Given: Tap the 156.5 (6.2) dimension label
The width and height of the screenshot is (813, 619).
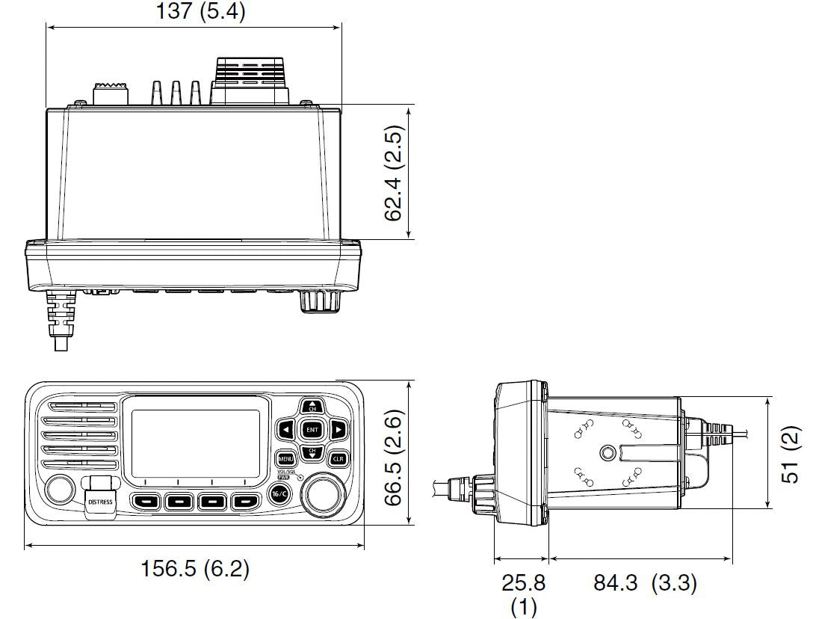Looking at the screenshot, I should (195, 569).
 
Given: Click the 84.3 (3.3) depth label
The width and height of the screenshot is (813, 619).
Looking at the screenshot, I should (645, 582).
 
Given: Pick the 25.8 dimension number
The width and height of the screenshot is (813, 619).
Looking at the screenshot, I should (523, 582).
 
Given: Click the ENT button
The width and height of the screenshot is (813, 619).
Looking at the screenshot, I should (312, 430).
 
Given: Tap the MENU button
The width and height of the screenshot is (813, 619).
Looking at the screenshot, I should (285, 458).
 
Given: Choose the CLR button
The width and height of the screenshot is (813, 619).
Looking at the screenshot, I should (338, 458).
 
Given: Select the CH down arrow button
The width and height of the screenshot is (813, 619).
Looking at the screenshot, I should (312, 452).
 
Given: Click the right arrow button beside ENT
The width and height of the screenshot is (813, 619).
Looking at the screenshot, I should (337, 430).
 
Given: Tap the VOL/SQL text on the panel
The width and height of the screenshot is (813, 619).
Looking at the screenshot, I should (285, 472).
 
